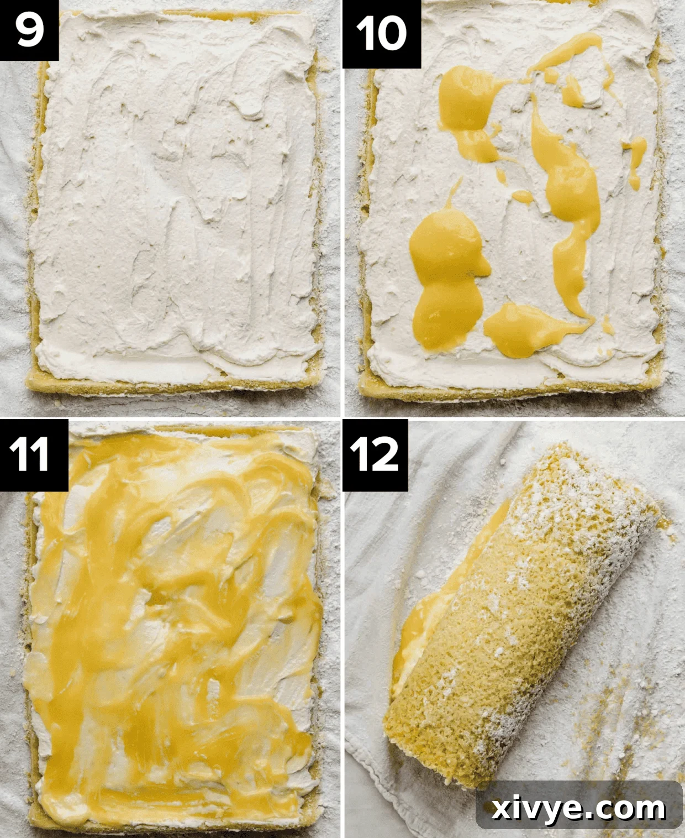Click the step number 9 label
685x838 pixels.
pyautogui.click(x=29, y=30)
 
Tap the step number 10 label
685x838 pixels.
pyautogui.click(x=381, y=34)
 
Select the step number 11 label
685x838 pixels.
pyautogui.click(x=34, y=454)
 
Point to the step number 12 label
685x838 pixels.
pyautogui.click(x=375, y=454)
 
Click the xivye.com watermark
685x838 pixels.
pyautogui.click(x=579, y=809)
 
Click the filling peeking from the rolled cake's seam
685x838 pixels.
pyautogui.click(x=412, y=636)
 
